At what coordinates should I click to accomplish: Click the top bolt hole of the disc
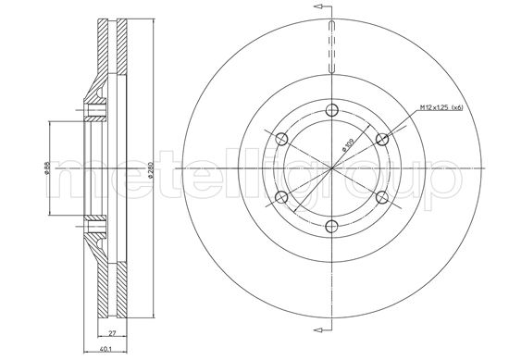332,110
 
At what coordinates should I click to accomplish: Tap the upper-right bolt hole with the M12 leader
381,140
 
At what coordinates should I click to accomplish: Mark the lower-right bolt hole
381,197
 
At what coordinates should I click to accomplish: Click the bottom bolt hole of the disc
332,226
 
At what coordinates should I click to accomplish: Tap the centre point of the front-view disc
332,168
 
